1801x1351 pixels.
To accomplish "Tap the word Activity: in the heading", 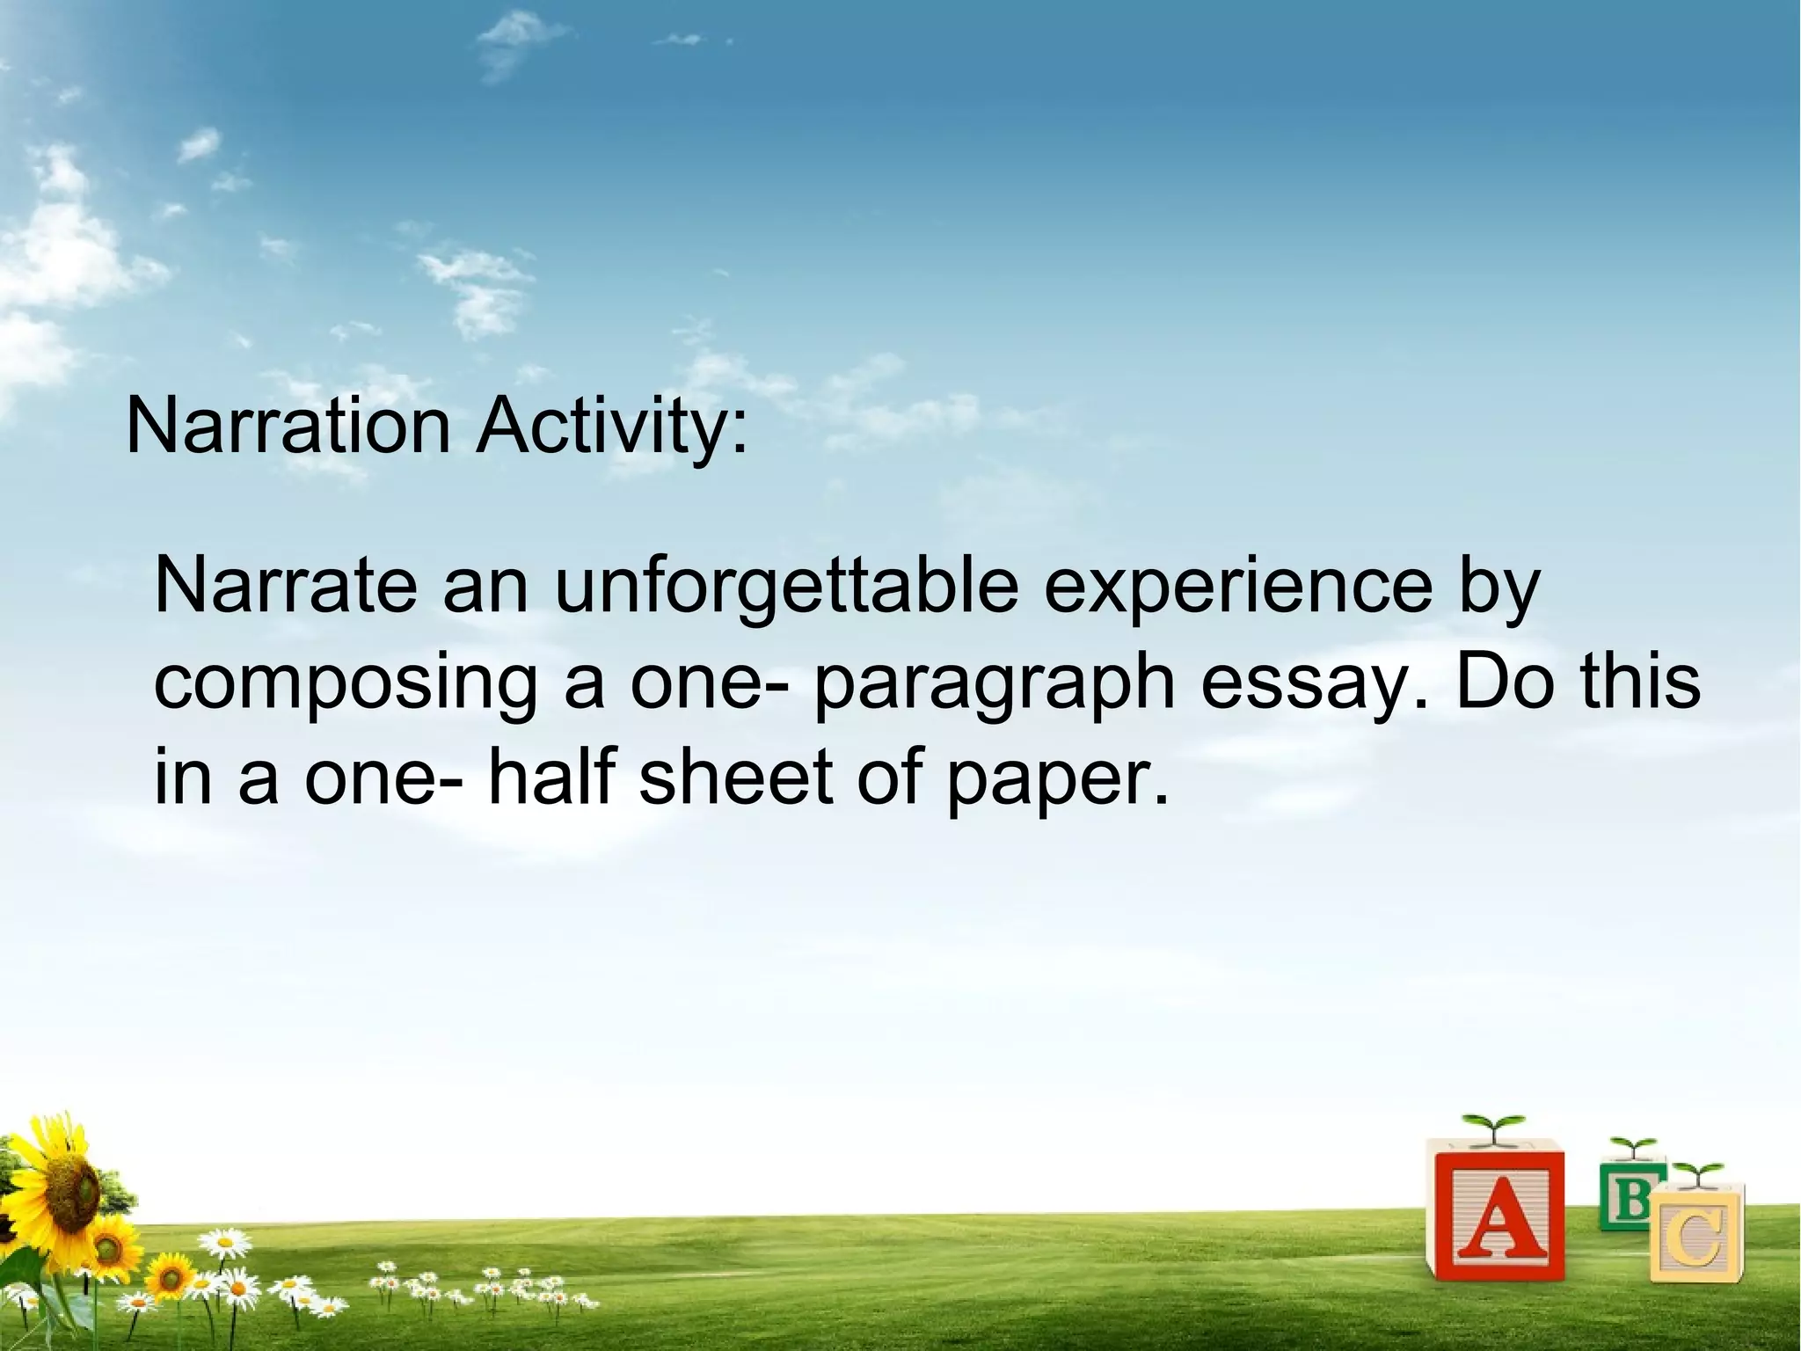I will click(x=612, y=428).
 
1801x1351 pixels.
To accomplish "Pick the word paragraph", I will click(x=995, y=685).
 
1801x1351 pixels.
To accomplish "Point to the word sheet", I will click(x=735, y=778).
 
